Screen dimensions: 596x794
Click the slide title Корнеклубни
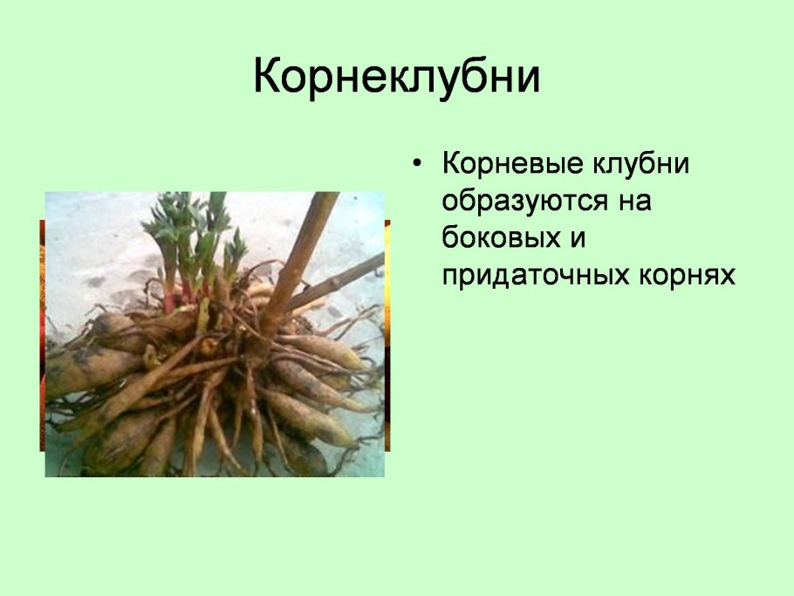tap(397, 78)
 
